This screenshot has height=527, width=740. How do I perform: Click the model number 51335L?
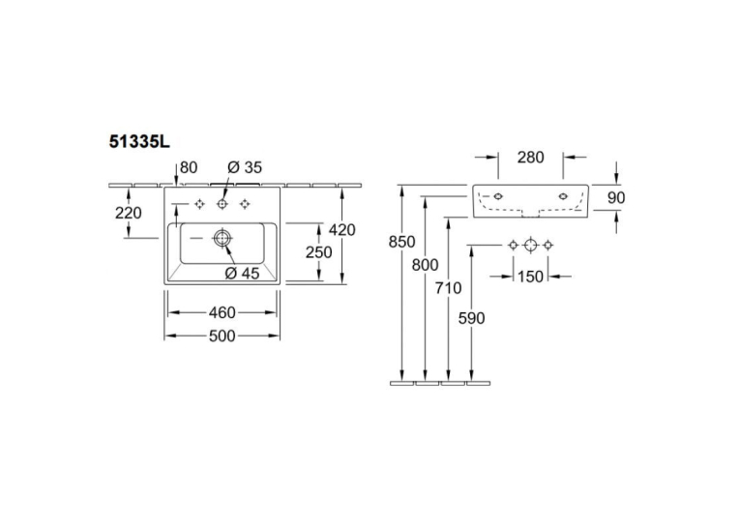[x=139, y=141]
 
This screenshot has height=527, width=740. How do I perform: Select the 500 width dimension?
[x=222, y=336]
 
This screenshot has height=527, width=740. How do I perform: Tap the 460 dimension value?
[x=222, y=312]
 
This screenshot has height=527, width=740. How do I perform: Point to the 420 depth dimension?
[x=341, y=230]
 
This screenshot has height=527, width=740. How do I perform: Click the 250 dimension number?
[x=318, y=252]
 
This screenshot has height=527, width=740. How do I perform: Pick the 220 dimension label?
[x=129, y=214]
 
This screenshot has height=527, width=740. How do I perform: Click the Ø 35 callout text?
[x=245, y=167]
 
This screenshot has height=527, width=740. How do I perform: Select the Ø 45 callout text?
[x=242, y=274]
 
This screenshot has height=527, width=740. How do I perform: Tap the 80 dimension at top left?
[x=189, y=167]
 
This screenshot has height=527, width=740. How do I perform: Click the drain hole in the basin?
[x=222, y=238]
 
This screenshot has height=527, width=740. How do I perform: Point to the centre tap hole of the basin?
[x=222, y=204]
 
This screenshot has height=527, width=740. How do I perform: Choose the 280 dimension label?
[x=530, y=157]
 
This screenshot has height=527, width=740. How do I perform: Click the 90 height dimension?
[x=616, y=197]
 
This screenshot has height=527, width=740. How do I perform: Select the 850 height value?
[x=401, y=242]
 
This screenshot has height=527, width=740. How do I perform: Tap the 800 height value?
[x=425, y=265]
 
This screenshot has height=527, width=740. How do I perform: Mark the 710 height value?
[x=448, y=288]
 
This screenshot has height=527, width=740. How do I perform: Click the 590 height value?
[x=471, y=318]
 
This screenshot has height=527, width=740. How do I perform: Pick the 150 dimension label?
[x=530, y=277]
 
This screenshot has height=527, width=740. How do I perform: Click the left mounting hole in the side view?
[x=497, y=196]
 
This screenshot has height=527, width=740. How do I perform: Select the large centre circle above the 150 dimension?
[x=530, y=245]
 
